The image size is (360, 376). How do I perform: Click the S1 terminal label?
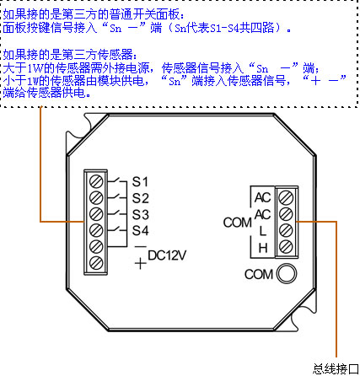click(x=140, y=182)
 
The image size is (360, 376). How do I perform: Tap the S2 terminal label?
click(x=140, y=198)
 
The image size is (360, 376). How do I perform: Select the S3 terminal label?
click(x=140, y=215)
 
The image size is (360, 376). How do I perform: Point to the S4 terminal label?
click(x=140, y=231)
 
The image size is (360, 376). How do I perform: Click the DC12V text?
click(x=167, y=255)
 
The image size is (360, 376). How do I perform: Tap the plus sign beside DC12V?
click(x=141, y=264)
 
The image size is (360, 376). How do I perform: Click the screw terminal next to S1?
click(x=96, y=181)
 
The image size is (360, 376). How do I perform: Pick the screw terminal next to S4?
click(x=96, y=231)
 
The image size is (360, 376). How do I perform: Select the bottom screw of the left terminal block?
click(x=96, y=263)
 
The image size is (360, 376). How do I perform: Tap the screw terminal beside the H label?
click(x=286, y=246)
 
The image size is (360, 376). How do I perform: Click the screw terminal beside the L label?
click(x=286, y=230)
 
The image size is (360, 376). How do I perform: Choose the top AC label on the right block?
click(x=263, y=198)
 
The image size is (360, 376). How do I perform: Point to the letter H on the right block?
click(x=263, y=248)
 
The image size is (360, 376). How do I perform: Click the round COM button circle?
click(x=287, y=273)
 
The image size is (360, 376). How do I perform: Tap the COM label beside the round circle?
click(x=259, y=275)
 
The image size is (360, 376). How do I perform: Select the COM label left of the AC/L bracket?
click(x=238, y=223)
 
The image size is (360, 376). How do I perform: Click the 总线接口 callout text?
click(x=336, y=368)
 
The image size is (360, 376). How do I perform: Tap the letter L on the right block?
click(x=262, y=231)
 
